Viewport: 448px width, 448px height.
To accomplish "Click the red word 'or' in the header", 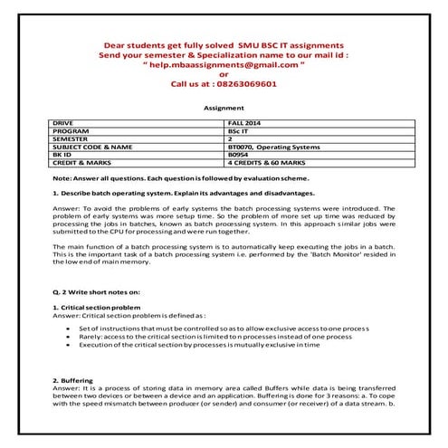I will tap(224, 74).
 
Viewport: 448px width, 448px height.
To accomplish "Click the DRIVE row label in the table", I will tap(63, 121).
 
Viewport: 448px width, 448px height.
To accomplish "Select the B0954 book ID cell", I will tap(238, 154).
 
